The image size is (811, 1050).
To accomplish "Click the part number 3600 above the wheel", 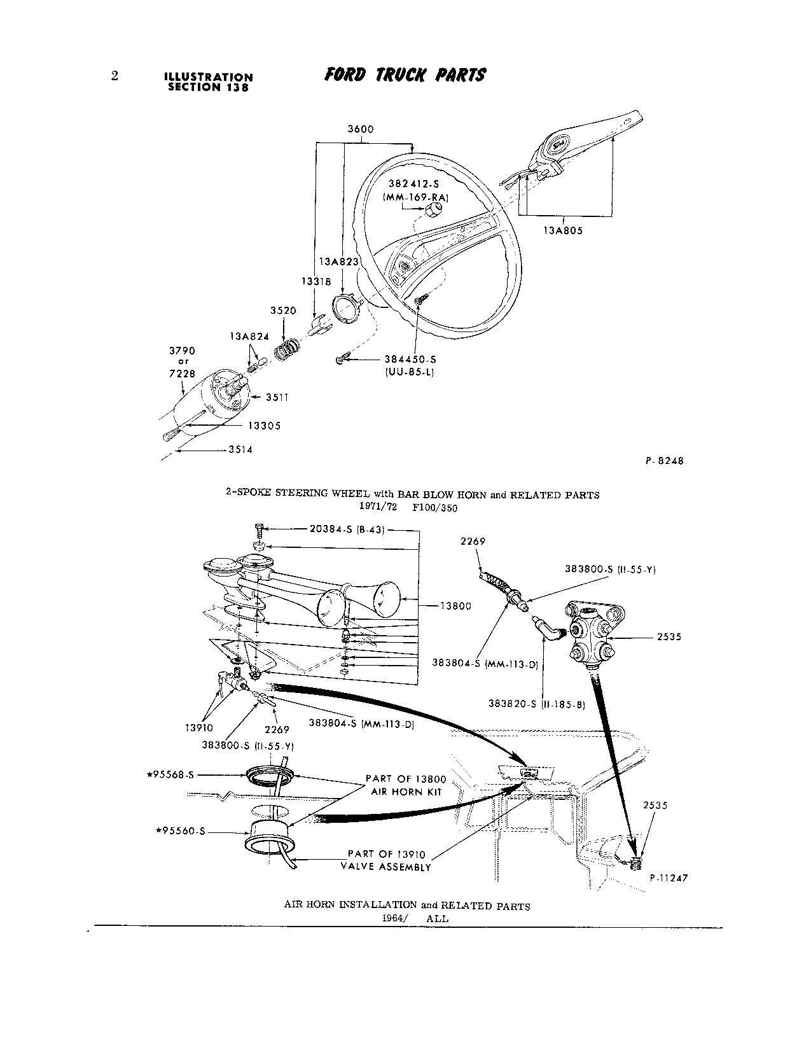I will (360, 129).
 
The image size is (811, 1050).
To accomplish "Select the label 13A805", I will (562, 230).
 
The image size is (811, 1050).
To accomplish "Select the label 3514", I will (240, 449).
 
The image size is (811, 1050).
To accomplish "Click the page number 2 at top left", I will (114, 76).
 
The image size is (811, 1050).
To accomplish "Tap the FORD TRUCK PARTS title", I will (405, 75).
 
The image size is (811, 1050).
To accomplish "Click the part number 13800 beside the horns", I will (455, 606).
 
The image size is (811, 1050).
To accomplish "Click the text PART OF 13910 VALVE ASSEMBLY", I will (389, 860).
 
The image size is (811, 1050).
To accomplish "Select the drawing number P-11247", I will (669, 878).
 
